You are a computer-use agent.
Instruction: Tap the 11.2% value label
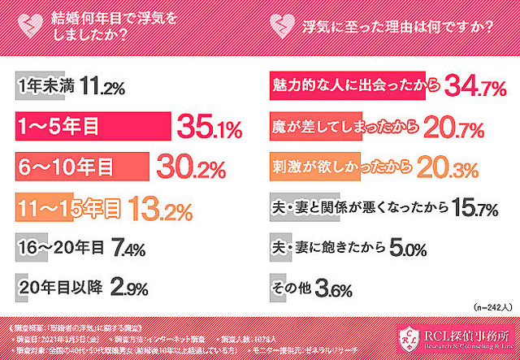click(102, 86)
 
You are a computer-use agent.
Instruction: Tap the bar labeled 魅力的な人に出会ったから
click(350, 86)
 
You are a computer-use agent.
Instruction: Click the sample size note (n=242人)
click(492, 308)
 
